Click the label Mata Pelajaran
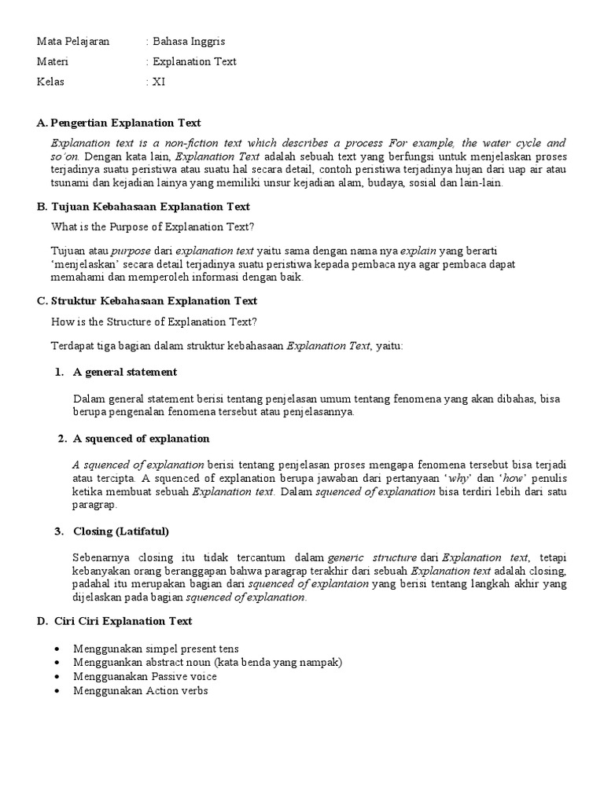tap(73, 41)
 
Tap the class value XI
tap(159, 82)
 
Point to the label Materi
tap(54, 61)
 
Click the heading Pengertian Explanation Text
tap(125, 123)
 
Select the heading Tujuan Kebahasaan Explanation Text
tap(149, 207)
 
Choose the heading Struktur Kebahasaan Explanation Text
tap(153, 301)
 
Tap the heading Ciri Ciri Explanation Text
tap(123, 621)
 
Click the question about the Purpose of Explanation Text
tap(153, 227)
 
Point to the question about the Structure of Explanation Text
tap(154, 321)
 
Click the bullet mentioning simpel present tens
tap(145, 649)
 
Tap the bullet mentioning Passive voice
tap(145, 677)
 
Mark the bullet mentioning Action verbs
tap(140, 691)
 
